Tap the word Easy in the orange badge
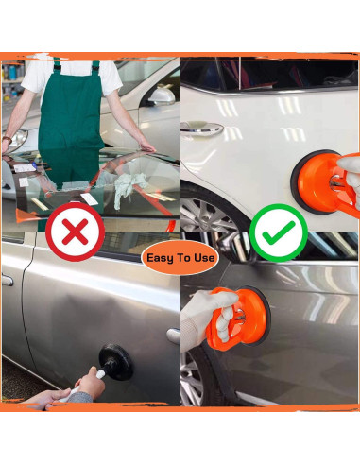(163, 256)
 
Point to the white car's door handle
(199, 126)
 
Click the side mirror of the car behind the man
(163, 95)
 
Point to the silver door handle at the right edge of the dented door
(173, 335)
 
